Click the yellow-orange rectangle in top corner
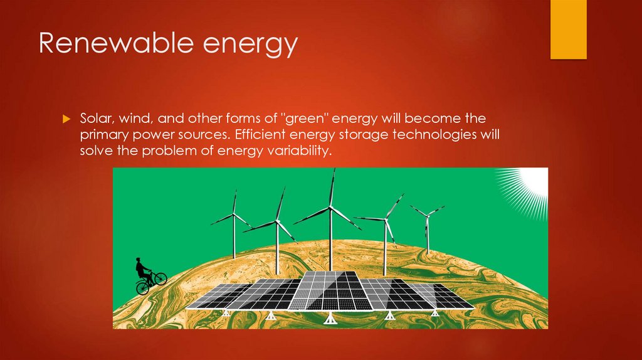click(x=568, y=29)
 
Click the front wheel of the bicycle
click(x=160, y=278)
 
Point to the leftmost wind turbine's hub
click(x=234, y=214)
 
